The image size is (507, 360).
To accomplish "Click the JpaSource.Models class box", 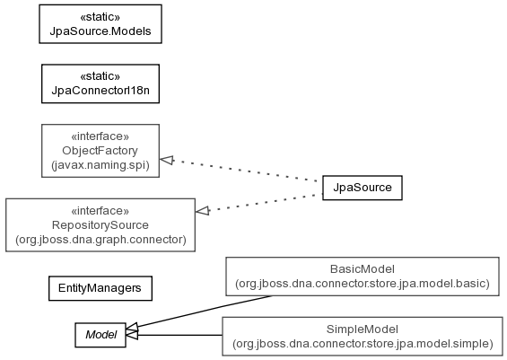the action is (101, 24).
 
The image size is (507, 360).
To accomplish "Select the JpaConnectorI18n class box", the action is (101, 83).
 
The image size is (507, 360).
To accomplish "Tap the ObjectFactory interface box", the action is (101, 151).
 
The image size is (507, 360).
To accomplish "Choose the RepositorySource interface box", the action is (101, 225).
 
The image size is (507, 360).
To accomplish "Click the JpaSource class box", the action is (363, 188).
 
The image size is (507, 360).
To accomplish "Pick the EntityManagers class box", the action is (101, 288).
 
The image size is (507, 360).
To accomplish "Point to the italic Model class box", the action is (101, 335).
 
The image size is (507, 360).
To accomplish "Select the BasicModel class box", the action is (363, 277).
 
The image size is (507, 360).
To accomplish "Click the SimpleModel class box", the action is (363, 337).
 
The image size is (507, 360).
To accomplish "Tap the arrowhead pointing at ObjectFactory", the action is (167, 160).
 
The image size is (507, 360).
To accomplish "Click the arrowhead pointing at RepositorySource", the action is (203, 211).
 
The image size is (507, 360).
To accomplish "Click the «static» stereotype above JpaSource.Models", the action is (101, 17).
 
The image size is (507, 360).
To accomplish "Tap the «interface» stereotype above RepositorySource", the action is (101, 211).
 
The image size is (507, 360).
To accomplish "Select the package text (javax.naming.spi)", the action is (101, 165).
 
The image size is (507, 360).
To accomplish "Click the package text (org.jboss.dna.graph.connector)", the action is (101, 240).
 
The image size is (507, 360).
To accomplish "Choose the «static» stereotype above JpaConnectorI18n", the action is (101, 76).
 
